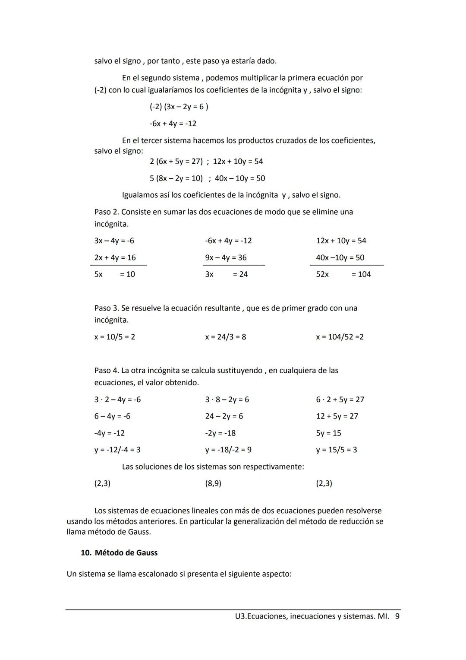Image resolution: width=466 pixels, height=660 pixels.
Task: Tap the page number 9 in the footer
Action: pyautogui.click(x=397, y=616)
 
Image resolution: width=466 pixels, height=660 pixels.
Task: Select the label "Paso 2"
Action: pyautogui.click(x=106, y=212)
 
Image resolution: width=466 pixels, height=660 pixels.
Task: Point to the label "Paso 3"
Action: pyautogui.click(x=106, y=308)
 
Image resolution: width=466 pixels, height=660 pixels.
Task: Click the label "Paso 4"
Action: pyautogui.click(x=106, y=370)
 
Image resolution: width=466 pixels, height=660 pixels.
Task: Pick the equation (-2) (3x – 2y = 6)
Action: pyautogui.click(x=179, y=106)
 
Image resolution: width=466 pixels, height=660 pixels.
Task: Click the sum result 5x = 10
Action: pyautogui.click(x=115, y=274)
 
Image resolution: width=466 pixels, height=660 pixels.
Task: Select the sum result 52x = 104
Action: pyautogui.click(x=343, y=274)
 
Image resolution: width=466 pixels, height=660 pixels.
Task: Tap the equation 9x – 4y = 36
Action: pyautogui.click(x=226, y=257)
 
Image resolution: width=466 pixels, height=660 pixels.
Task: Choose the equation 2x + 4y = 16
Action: pyautogui.click(x=115, y=257)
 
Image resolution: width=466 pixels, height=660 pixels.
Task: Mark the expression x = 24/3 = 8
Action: pyautogui.click(x=225, y=336)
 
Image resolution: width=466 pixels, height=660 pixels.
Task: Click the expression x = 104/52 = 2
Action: pyautogui.click(x=340, y=336)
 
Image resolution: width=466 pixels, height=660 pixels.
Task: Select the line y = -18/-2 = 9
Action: pyautogui.click(x=228, y=450)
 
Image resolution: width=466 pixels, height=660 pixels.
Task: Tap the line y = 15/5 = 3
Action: pyautogui.click(x=336, y=450)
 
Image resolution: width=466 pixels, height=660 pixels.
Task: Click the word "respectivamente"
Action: pyautogui.click(x=274, y=466)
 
